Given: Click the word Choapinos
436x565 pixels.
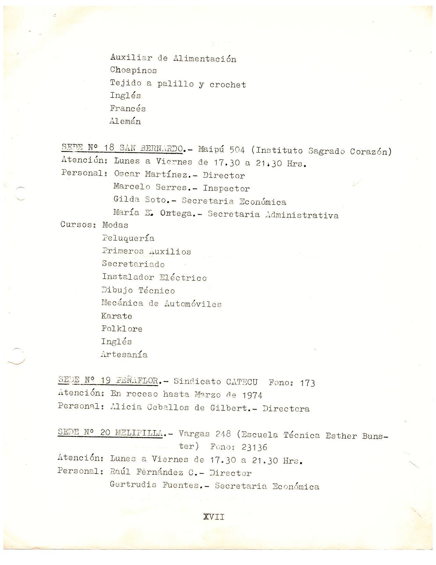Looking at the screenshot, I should click(133, 71).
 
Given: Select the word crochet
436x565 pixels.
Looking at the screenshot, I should click(228, 85).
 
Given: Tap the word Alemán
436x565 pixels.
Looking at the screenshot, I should click(125, 121).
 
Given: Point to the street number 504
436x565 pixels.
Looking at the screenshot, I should click(237, 150).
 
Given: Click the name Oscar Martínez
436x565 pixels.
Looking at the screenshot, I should click(150, 174).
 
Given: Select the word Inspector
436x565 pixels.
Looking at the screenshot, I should click(226, 188).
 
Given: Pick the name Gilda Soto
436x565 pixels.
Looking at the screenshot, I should click(139, 201).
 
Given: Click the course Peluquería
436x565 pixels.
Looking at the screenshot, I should click(128, 238).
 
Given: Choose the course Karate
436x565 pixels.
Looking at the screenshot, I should click(117, 316).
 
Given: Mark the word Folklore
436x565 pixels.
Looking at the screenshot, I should click(122, 329).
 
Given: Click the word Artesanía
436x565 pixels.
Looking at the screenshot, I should click(124, 354).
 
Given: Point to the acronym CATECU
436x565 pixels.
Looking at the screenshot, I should click(242, 381).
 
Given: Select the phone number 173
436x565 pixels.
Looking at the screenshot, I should click(307, 383).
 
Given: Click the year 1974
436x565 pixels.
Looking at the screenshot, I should click(252, 395).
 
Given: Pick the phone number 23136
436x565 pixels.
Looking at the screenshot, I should click(254, 447).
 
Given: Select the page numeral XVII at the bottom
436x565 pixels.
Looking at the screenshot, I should click(214, 517).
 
